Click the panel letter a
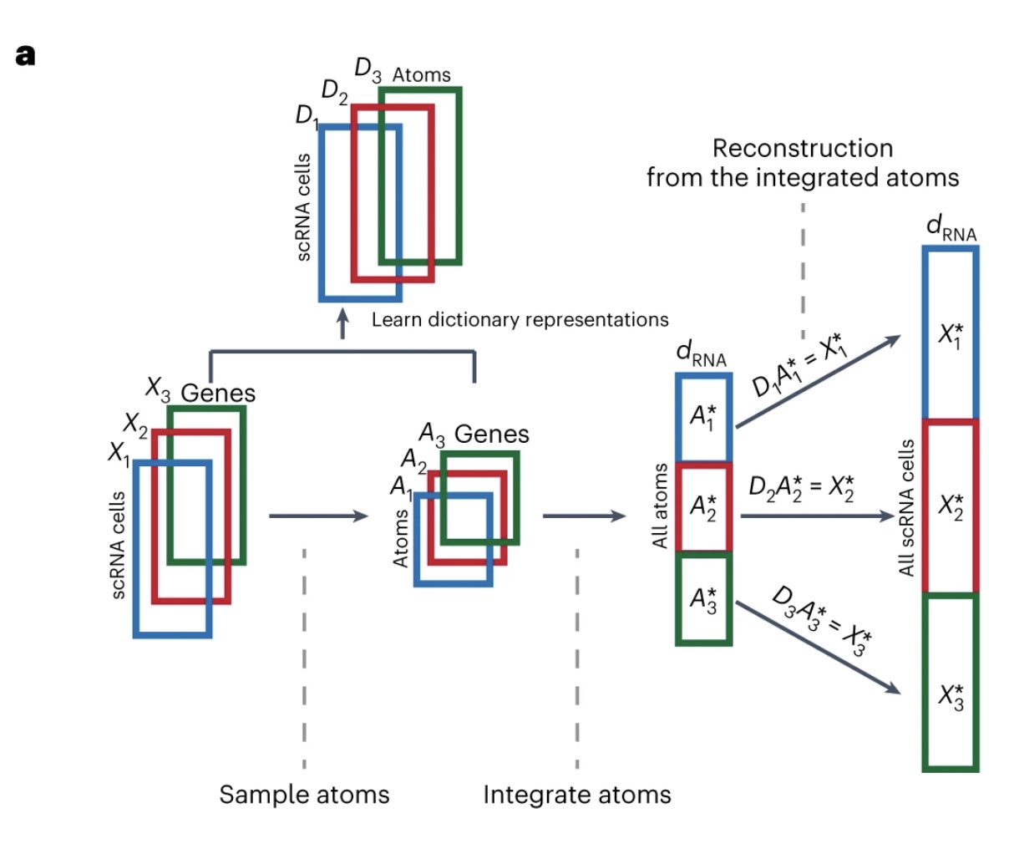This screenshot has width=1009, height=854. coord(25,56)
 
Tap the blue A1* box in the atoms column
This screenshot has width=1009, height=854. coord(703,417)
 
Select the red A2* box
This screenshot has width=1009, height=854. coord(703,507)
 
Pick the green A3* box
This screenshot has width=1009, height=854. coord(703,599)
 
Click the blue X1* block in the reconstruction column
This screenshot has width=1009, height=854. coord(951,334)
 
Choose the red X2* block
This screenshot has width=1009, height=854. coord(951,506)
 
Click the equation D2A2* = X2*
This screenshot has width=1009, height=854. coord(801,486)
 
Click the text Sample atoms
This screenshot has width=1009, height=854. coord(304,794)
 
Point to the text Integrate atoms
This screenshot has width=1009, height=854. coord(577,794)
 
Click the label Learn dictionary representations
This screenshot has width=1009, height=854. coord(520,320)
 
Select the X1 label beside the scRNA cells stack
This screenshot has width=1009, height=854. coord(119,453)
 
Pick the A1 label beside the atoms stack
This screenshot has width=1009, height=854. coord(401,485)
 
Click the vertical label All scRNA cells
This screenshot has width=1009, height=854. coord(907,507)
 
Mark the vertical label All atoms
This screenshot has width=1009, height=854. coord(660,506)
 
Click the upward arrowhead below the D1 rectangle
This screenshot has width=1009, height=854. coord(342,316)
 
